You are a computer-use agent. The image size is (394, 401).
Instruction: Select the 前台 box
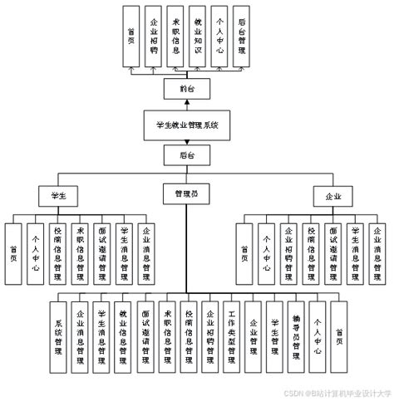[188, 88]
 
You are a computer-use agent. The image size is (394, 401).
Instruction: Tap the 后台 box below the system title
[188, 155]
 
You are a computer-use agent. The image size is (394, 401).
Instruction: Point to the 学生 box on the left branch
[58, 196]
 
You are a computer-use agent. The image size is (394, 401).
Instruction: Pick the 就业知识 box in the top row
[197, 37]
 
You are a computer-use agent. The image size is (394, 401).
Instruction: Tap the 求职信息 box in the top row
[175, 37]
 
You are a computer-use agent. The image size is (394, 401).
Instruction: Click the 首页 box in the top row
[131, 37]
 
